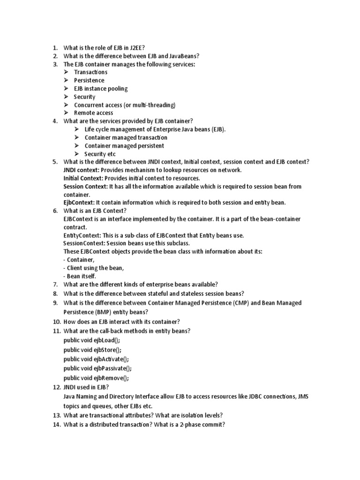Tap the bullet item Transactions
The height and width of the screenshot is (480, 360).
[x=90, y=72]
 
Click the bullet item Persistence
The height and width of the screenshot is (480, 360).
[x=89, y=80]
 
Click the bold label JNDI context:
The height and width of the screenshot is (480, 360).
[x=81, y=170]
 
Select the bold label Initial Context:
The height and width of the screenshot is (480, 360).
[x=83, y=178]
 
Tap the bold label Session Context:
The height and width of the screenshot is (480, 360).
[x=86, y=187]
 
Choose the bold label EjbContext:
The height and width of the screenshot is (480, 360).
[x=79, y=202]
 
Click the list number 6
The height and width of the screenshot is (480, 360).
[x=55, y=211]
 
